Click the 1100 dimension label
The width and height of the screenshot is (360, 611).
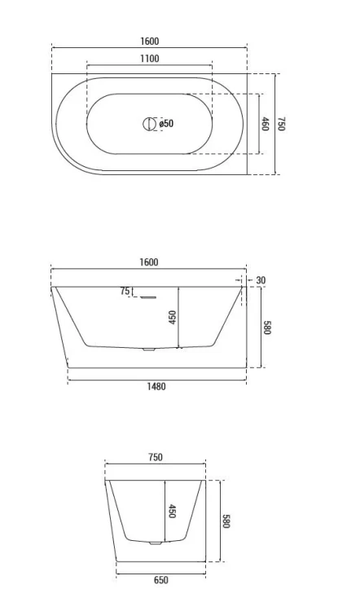pos(150,59)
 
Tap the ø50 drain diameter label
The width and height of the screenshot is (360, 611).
pos(166,124)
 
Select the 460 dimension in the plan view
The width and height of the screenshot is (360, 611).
pos(265,124)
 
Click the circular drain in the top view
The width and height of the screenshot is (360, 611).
pos(148,124)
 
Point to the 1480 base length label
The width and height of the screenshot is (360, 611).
pos(156,386)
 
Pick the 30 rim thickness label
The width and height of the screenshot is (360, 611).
pos(261,280)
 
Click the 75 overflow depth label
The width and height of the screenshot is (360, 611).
pos(125,291)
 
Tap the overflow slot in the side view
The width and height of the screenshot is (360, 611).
pos(148,297)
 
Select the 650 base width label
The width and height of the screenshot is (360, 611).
pos(161,580)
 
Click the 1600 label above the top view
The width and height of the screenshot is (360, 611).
pos(149,42)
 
